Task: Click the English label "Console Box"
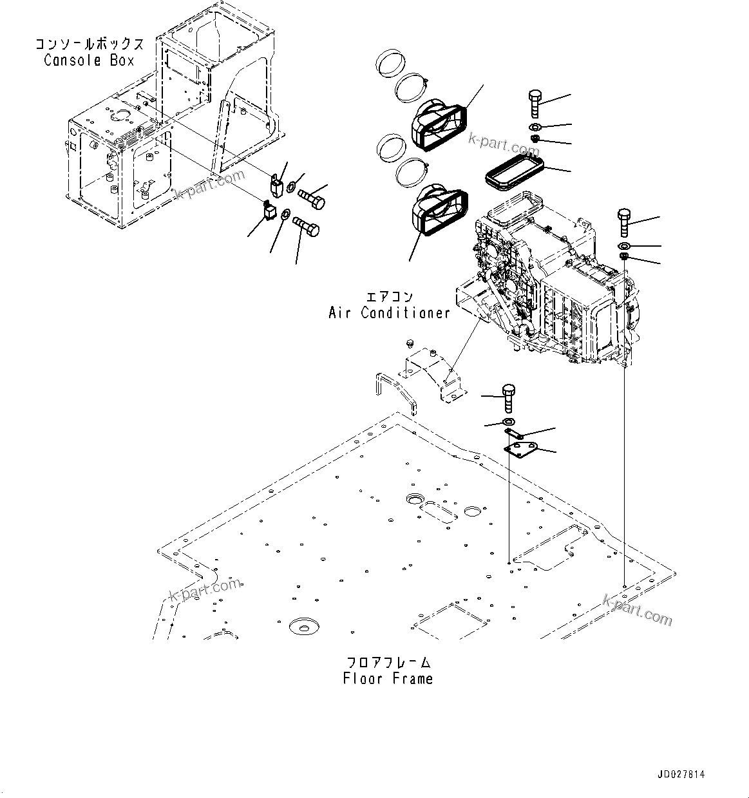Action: (89, 61)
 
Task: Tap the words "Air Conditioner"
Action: (389, 313)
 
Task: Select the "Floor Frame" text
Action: (388, 678)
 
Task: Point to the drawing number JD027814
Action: (681, 775)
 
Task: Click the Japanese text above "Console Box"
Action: (89, 44)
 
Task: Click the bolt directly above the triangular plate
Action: (508, 398)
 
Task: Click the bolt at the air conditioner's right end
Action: (625, 223)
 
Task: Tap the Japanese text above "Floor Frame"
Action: (388, 662)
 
